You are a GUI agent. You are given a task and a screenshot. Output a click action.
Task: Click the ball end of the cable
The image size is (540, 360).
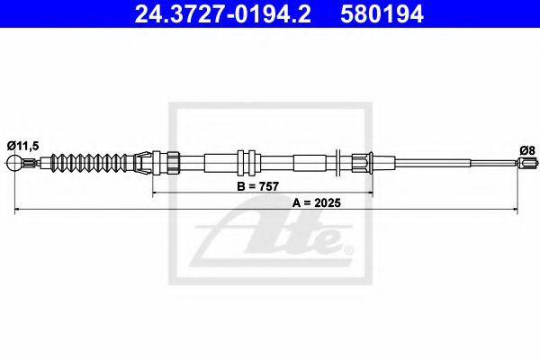coord(14,164)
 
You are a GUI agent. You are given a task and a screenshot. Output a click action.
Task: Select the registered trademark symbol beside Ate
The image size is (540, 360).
coord(348,247)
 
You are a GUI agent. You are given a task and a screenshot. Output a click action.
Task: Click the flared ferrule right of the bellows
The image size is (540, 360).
coord(144,164)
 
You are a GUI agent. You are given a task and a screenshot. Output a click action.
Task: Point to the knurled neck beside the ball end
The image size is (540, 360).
coord(32,164)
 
